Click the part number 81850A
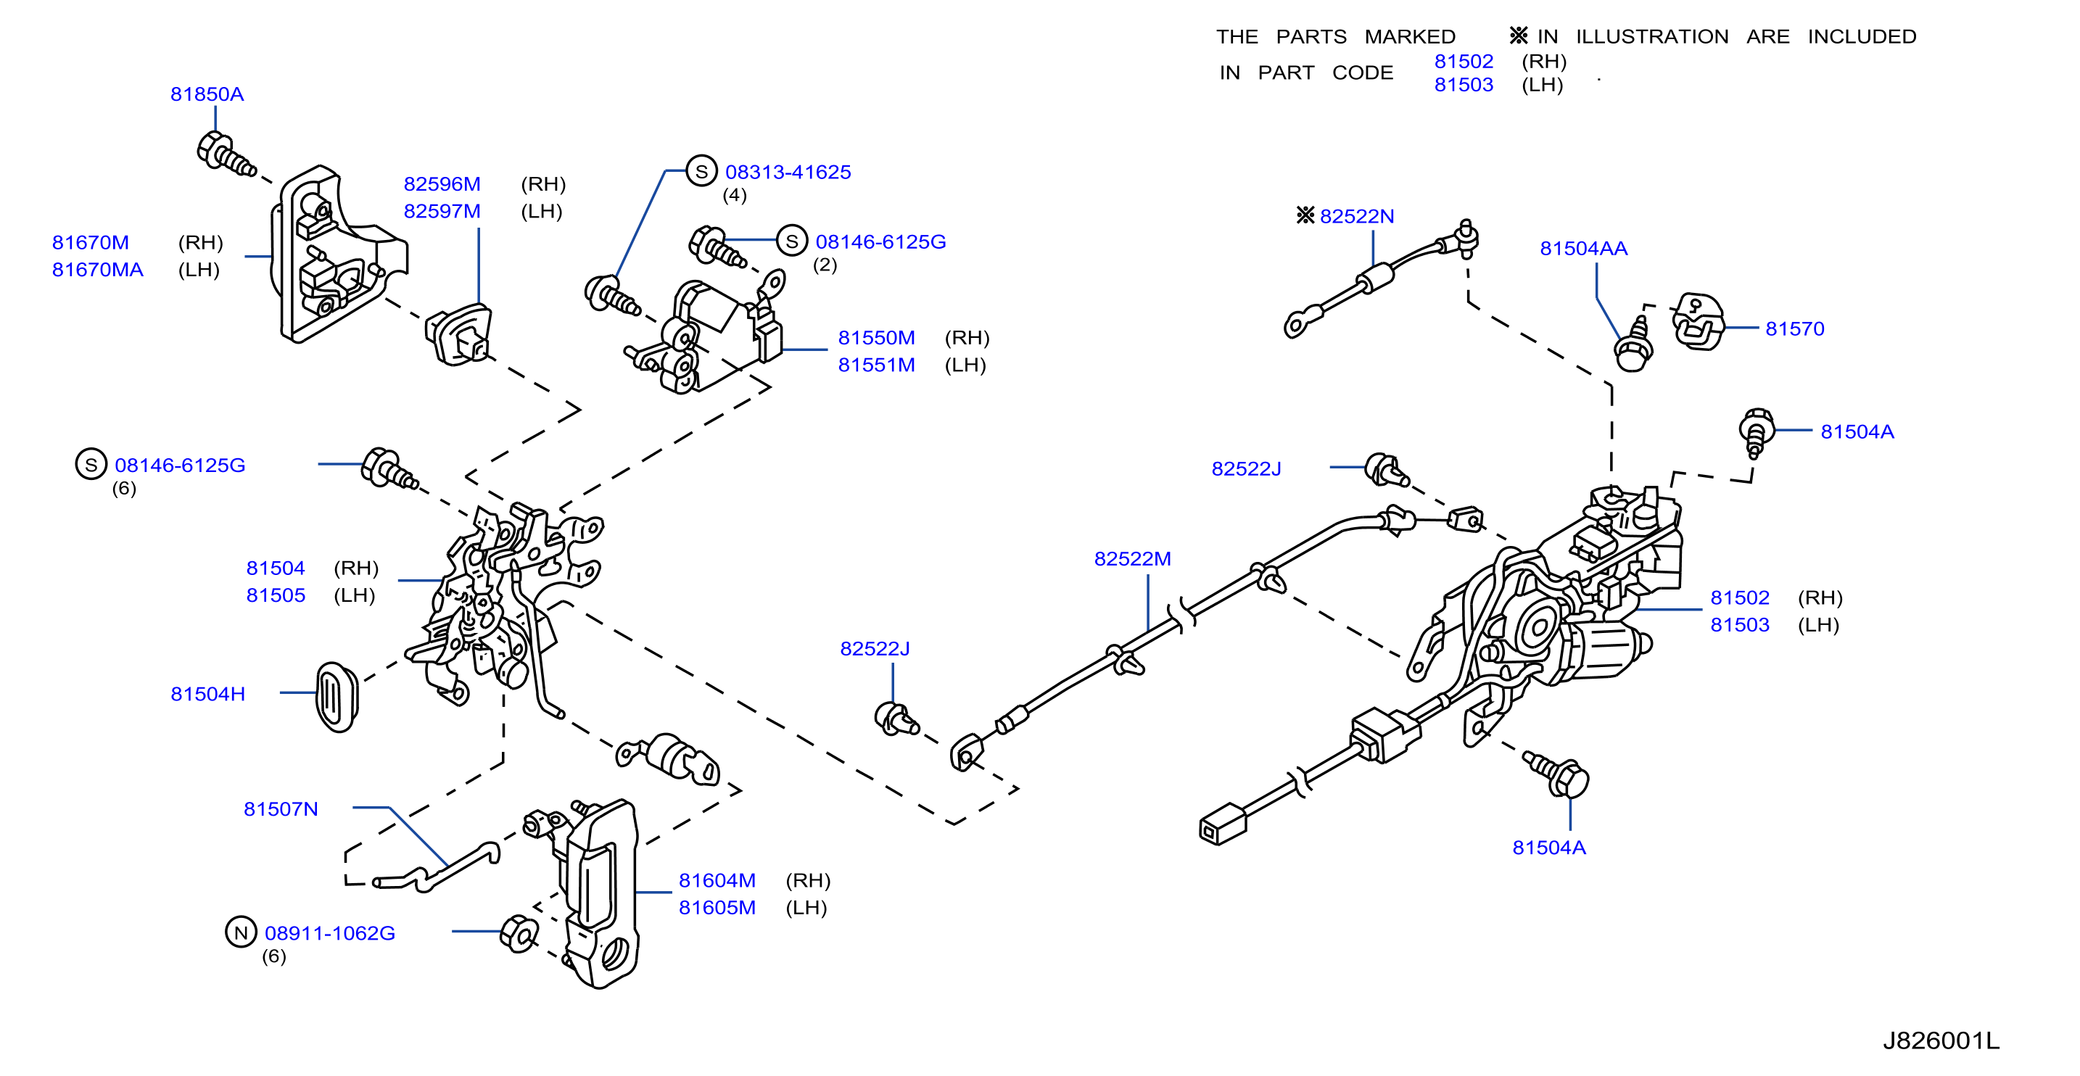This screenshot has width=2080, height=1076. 207,94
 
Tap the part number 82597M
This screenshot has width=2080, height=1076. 442,212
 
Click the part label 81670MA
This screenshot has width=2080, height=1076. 98,270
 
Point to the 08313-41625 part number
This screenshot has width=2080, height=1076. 788,172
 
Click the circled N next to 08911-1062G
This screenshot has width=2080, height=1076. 241,932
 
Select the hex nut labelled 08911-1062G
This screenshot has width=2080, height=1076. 519,934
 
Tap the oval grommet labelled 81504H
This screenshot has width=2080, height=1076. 336,697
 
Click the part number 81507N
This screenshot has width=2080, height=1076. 281,809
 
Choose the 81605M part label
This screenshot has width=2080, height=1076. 717,907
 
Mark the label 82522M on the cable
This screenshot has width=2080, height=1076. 1132,558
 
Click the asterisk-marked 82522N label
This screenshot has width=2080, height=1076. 1345,215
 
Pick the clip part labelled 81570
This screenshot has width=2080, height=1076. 1697,321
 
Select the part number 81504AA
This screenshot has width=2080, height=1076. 1583,249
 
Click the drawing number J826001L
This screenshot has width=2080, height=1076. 1941,1040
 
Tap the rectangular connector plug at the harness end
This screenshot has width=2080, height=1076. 1223,824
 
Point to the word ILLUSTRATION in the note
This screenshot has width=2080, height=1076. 1652,37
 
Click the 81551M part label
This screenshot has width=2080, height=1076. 876,365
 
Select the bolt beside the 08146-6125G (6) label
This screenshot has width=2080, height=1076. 389,469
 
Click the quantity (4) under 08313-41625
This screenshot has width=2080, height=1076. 734,195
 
